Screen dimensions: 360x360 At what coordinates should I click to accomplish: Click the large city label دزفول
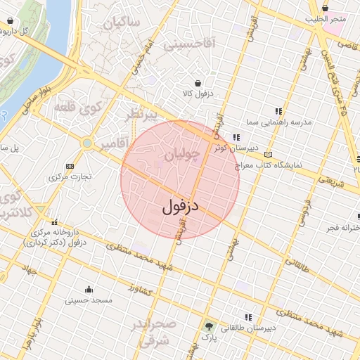pyautogui.click(x=181, y=206)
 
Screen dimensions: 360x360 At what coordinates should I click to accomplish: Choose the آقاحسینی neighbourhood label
pyautogui.click(x=190, y=44)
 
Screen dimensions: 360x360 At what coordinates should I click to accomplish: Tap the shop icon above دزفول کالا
pyautogui.click(x=198, y=81)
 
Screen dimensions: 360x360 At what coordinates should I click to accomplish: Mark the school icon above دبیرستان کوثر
pyautogui.click(x=237, y=137)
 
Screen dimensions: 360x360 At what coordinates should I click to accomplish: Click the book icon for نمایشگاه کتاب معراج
pyautogui.click(x=267, y=154)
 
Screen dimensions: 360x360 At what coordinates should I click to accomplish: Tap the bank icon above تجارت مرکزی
pyautogui.click(x=70, y=166)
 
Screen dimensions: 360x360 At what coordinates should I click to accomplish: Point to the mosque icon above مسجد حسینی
pyautogui.click(x=89, y=290)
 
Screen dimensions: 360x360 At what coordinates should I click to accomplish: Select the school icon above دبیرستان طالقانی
pyautogui.click(x=247, y=317)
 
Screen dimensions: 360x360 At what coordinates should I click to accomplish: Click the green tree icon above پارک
pyautogui.click(x=208, y=326)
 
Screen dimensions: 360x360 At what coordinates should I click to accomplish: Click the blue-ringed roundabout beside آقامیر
pyautogui.click(x=86, y=143)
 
